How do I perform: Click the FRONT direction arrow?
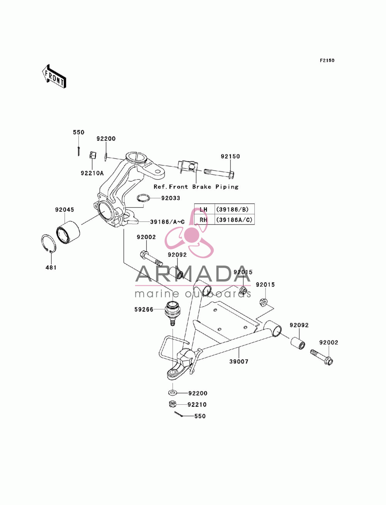coord(54,76)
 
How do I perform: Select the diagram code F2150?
coord(327,61)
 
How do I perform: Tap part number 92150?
coord(230,156)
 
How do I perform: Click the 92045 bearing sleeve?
coord(68,232)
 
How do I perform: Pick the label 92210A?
coord(92,173)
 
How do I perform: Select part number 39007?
coord(239,361)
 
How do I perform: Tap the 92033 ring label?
coord(171,198)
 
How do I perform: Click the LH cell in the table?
coord(204,209)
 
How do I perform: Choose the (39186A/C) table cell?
coord(234,220)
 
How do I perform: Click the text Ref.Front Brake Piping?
coord(196,187)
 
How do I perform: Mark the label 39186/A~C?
coord(168,222)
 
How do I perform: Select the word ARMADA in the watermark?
coord(193,274)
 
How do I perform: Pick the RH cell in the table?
coord(204,220)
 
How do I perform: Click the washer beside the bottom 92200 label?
coord(172,392)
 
